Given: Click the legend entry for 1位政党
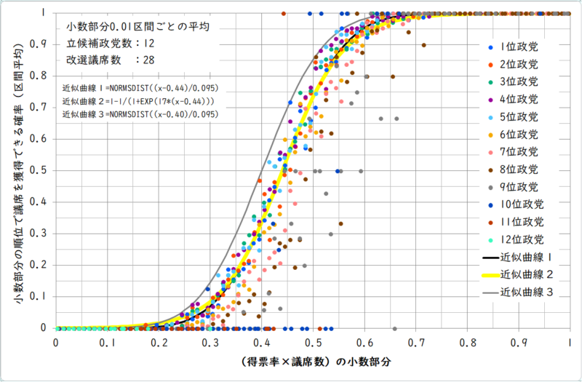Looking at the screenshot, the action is tap(514, 47).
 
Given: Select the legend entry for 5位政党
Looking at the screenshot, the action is tap(514, 117).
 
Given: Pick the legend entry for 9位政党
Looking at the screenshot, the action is tap(514, 187).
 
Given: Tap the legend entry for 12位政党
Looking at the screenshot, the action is tap(517, 240).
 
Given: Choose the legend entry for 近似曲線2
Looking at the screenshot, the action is tap(518, 275).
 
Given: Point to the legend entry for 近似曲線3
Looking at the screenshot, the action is tap(518, 293).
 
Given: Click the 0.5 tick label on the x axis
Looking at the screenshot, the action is tap(314, 343).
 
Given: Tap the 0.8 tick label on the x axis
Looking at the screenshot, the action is tap(468, 343).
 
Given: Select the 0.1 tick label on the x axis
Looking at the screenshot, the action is tap(107, 343).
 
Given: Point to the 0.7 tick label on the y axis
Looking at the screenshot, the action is tap(39, 107).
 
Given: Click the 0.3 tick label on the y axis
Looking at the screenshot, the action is tap(39, 234).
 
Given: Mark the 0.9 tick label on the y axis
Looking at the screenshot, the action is tap(39, 44).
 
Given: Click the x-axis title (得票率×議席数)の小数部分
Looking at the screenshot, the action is tap(316, 362).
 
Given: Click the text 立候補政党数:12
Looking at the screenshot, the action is tap(111, 44).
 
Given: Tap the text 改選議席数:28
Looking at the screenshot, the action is tap(111, 60).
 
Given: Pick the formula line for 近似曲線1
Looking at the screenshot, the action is tap(140, 88).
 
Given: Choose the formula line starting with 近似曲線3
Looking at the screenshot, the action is tap(140, 114).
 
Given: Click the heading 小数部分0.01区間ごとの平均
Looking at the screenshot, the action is tap(137, 27).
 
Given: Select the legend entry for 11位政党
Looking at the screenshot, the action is tap(517, 222).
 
